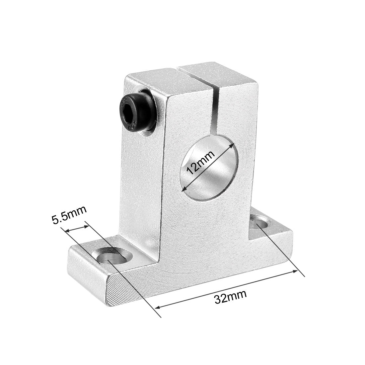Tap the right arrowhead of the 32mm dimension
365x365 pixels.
(294, 272)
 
